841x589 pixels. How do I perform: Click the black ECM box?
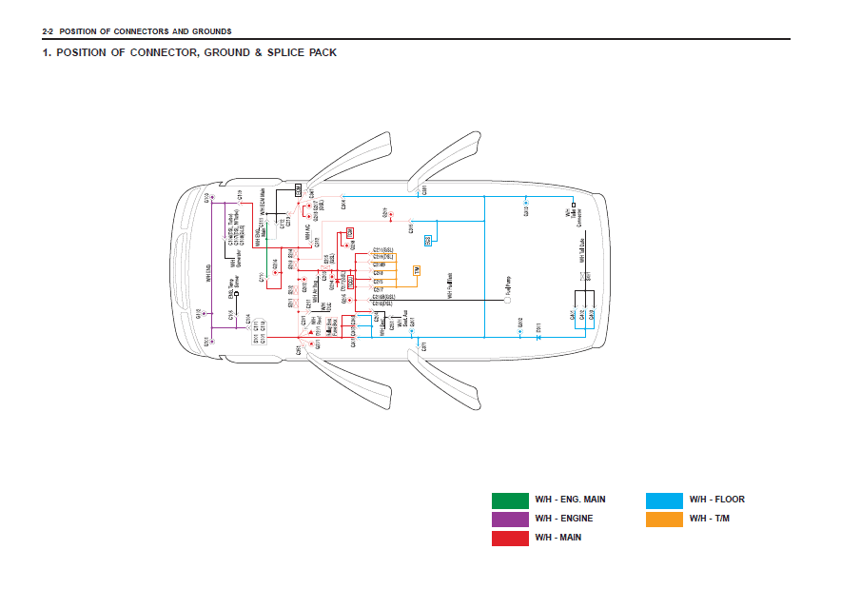tap(298, 191)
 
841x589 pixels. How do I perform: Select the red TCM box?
tap(350, 232)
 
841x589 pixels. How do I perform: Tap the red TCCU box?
tap(351, 282)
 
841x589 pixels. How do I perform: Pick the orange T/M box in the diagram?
tap(417, 271)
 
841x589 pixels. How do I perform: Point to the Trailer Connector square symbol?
tap(575, 204)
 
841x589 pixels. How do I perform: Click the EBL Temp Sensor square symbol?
tap(237, 294)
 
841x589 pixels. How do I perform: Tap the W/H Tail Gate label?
tap(580, 252)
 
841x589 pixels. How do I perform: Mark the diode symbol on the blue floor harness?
tap(538, 337)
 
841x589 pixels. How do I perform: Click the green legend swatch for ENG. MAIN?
tap(510, 500)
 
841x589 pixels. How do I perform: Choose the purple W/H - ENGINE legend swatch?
tap(510, 519)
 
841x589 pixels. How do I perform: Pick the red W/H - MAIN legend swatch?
tap(510, 538)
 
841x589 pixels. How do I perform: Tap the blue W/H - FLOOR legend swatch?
tap(664, 500)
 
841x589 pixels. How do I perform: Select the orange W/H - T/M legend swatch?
tap(664, 519)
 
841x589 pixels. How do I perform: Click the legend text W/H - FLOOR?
tap(716, 500)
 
